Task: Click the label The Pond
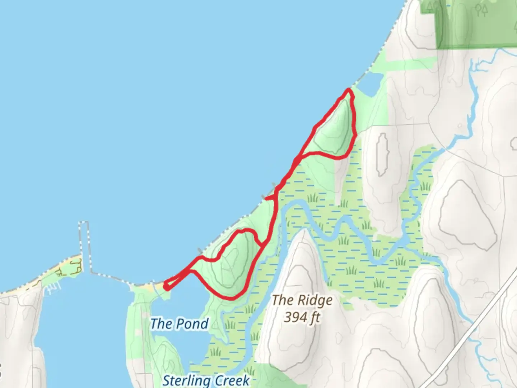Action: click(179, 324)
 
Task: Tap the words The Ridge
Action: click(302, 300)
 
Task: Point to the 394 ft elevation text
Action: click(302, 317)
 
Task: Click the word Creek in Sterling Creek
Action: click(231, 380)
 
